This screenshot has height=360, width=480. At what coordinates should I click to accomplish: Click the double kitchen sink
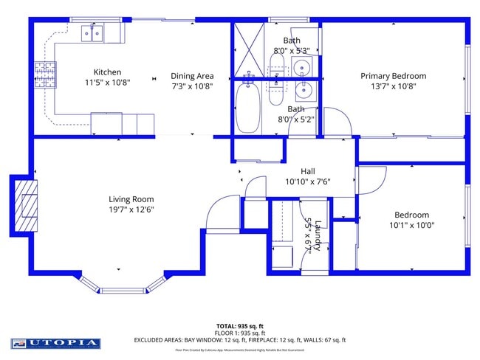pyautogui.click(x=93, y=32)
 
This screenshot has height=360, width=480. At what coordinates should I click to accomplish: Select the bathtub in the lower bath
pyautogui.click(x=248, y=108)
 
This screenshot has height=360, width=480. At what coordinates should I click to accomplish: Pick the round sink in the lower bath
pyautogui.click(x=304, y=91)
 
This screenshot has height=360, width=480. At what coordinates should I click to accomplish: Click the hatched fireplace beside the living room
pyautogui.click(x=27, y=204)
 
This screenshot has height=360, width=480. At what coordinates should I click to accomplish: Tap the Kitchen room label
pyautogui.click(x=107, y=72)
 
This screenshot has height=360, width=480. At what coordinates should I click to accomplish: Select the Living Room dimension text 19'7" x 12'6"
pyautogui.click(x=131, y=210)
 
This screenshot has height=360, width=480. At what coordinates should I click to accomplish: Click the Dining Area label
pyautogui.click(x=192, y=76)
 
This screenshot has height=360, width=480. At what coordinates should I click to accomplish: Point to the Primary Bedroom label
pyautogui.click(x=393, y=76)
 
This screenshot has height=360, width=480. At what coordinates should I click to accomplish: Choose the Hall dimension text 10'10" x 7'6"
pyautogui.click(x=307, y=181)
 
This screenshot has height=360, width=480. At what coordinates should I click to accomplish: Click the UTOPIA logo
pyautogui.click(x=56, y=343)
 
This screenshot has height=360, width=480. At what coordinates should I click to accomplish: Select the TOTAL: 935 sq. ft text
pyautogui.click(x=240, y=325)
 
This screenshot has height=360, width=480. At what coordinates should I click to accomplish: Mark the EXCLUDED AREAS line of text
pyautogui.click(x=240, y=340)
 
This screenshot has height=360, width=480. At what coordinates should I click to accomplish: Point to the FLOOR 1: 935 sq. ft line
pyautogui.click(x=240, y=333)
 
